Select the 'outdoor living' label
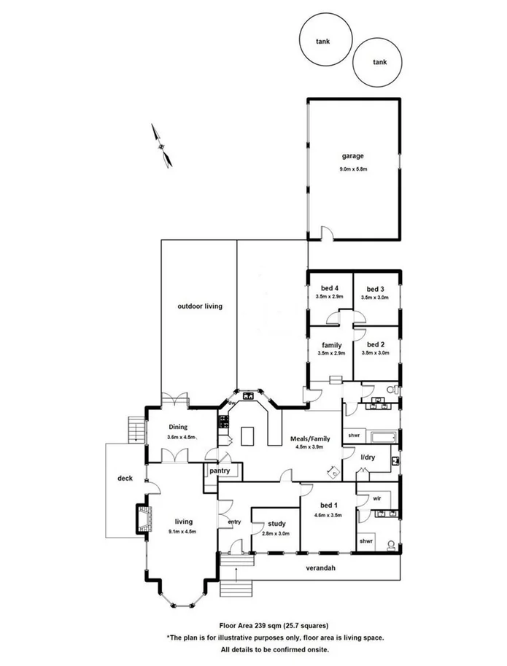coord(199,306)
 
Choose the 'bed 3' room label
coord(376,288)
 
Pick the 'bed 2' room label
coord(376,344)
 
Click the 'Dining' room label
coord(179,427)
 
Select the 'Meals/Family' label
coord(311,438)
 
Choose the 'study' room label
coord(276,524)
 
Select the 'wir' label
coord(377,497)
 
